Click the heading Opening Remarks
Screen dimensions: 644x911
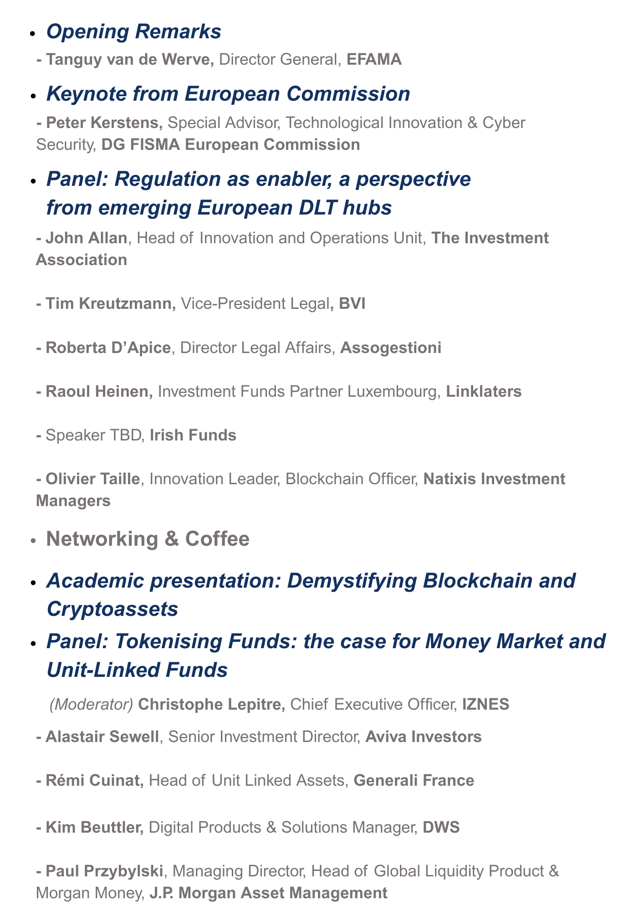pos(134,32)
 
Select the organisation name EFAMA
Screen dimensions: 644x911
pos(374,60)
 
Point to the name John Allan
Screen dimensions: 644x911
pos(87,238)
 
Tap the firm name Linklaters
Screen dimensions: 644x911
pos(484,391)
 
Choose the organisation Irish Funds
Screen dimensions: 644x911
pos(193,435)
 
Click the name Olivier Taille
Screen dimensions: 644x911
pos(93,479)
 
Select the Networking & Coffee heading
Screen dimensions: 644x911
pos(148,539)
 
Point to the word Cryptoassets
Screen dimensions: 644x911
pos(112,609)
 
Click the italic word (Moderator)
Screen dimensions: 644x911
pos(91,705)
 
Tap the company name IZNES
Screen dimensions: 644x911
pos(486,705)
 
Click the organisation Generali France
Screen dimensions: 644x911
pos(414,781)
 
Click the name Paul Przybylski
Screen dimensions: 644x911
pos(105,871)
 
